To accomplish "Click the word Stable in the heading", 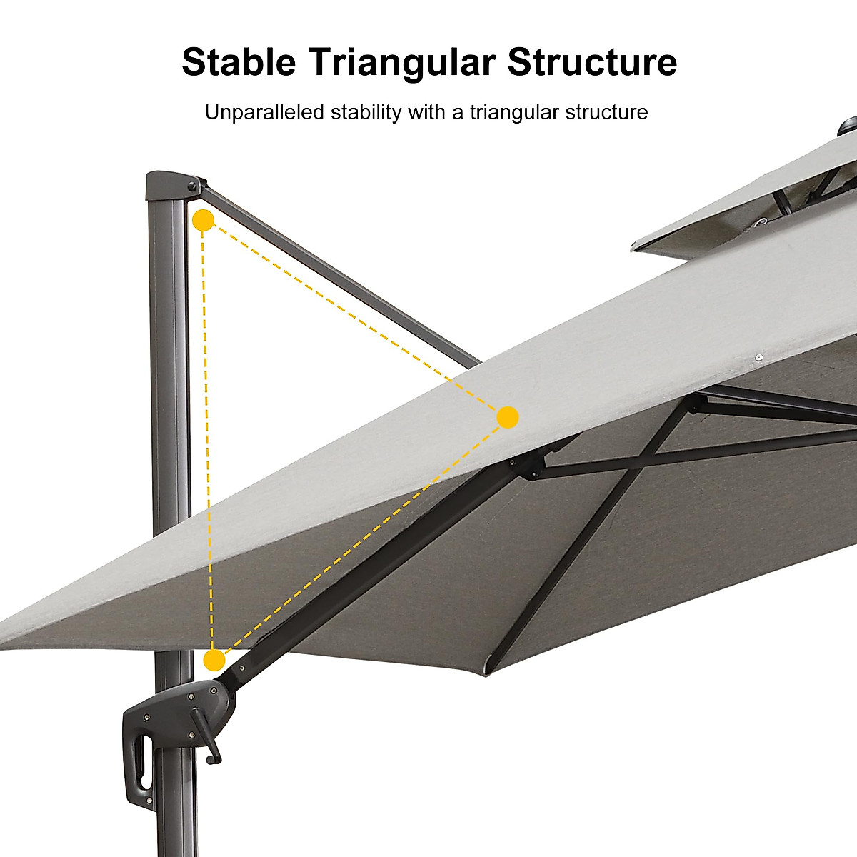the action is click(x=239, y=62).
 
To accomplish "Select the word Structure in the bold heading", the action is click(x=592, y=62).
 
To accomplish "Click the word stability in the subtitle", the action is click(x=369, y=112).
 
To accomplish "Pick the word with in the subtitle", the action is click(x=427, y=112).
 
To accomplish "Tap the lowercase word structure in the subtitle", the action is click(x=607, y=112).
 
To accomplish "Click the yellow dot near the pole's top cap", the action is click(x=203, y=220).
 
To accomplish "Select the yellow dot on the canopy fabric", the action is click(x=507, y=417).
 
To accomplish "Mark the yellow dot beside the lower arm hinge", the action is click(x=214, y=660).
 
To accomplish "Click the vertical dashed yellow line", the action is click(x=208, y=443).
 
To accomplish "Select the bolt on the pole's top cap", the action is click(x=191, y=187).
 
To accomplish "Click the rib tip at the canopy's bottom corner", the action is click(x=488, y=667).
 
